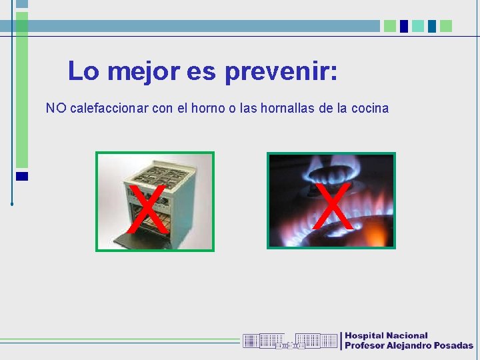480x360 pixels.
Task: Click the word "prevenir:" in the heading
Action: [281, 71]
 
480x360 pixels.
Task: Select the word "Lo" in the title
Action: [83, 71]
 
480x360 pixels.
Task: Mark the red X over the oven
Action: [148, 209]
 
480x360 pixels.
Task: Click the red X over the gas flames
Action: [333, 206]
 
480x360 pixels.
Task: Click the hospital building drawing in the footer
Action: [290, 341]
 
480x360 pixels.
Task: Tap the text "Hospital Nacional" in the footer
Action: [386, 335]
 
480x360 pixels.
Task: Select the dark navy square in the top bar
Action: [404, 26]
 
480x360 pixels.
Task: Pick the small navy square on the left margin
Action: [22, 176]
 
